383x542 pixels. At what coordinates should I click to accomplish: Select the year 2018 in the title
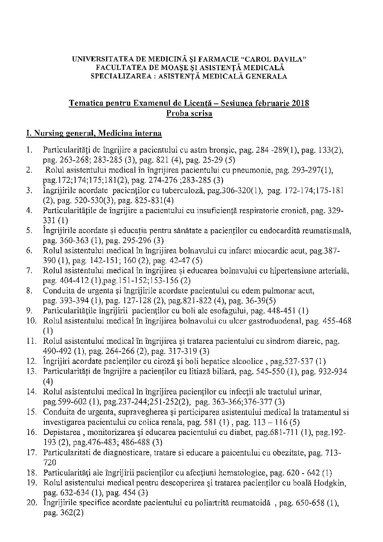tap(300, 103)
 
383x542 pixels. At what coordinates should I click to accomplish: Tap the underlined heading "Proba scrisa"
tap(189, 113)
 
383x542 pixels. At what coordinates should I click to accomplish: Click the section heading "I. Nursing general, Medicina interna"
tap(94, 134)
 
